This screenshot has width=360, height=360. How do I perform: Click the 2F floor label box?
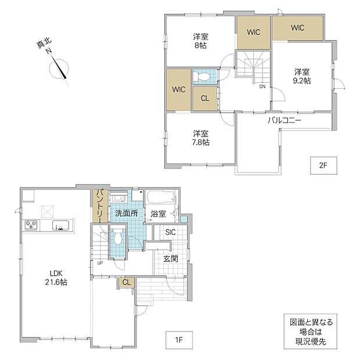tap(323, 165)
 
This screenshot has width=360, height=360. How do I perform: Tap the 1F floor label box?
tap(179, 340)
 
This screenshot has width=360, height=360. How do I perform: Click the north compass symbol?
tap(59, 68)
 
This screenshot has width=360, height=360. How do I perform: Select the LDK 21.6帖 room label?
tap(56, 278)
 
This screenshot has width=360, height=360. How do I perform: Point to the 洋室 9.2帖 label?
tap(302, 76)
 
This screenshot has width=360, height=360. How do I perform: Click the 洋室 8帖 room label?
tap(200, 41)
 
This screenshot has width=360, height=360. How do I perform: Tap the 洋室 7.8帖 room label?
tap(201, 138)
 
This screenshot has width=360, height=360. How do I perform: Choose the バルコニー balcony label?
tap(285, 120)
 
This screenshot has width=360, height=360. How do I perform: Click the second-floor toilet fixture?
tap(201, 76)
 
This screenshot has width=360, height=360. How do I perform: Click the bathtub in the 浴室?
tap(161, 197)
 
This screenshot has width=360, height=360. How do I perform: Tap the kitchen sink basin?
tap(60, 225)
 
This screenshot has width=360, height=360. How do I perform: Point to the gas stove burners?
tap(31, 225)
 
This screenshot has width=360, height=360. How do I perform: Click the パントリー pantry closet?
tap(100, 206)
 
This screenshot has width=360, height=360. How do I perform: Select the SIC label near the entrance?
tap(170, 232)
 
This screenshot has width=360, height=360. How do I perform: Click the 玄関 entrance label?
tap(171, 259)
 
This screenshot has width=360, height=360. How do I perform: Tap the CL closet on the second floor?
tap(205, 98)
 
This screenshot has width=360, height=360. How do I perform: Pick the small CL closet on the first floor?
tap(126, 282)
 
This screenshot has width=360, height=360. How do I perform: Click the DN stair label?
tap(262, 87)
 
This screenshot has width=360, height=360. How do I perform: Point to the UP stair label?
tap(100, 263)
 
